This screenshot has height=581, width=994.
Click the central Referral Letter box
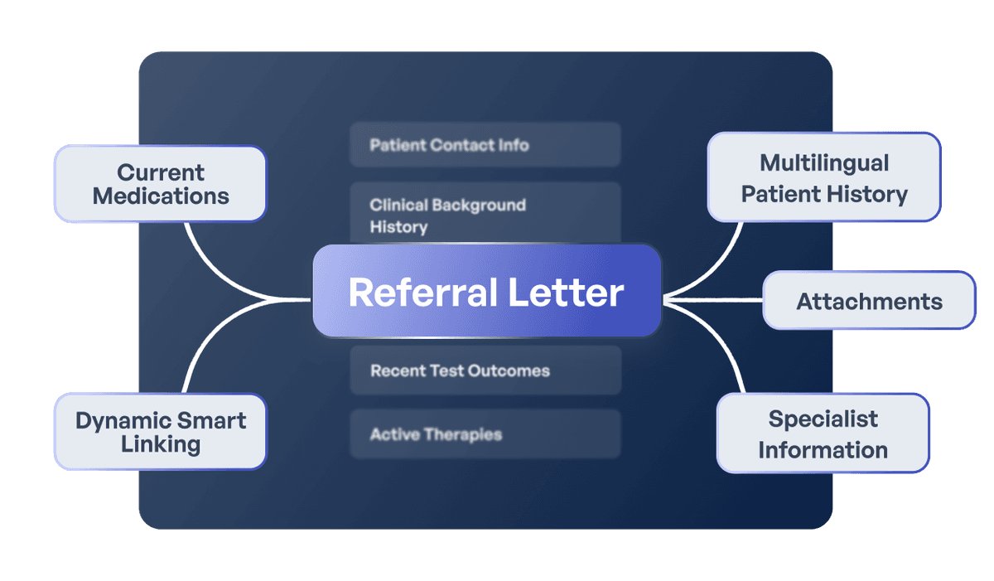[486, 292]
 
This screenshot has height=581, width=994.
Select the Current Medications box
[161, 184]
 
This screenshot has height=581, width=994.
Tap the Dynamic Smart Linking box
[161, 432]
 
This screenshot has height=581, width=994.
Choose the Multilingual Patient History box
[824, 178]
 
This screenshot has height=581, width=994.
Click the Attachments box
[869, 301]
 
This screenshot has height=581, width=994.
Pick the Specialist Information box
[823, 433]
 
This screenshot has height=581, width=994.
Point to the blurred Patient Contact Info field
[485, 145]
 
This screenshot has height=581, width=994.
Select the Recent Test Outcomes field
[485, 370]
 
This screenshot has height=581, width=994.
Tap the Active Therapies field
[485, 434]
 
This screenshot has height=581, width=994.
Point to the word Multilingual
[824, 162]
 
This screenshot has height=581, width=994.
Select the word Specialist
[823, 419]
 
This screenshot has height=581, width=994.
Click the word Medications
[161, 196]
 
